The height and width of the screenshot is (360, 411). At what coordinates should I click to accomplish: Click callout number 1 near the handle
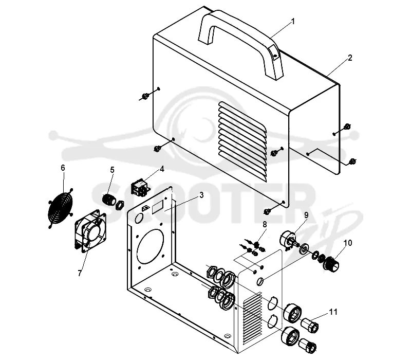pyautogui.click(x=293, y=21)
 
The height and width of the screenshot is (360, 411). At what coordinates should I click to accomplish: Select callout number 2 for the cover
pyautogui.click(x=350, y=58)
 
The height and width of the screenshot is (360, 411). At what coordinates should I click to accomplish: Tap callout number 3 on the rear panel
pyautogui.click(x=201, y=195)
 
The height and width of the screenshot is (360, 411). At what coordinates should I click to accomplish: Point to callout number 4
pyautogui.click(x=162, y=169)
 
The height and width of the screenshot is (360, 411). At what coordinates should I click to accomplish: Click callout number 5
pyautogui.click(x=112, y=170)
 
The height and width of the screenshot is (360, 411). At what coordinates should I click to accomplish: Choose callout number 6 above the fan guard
pyautogui.click(x=63, y=168)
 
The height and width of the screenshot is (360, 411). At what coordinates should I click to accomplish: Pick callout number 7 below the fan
pyautogui.click(x=80, y=273)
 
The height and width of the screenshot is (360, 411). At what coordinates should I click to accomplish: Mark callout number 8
pyautogui.click(x=265, y=224)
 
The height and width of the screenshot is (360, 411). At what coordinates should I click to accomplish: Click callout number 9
pyautogui.click(x=306, y=215)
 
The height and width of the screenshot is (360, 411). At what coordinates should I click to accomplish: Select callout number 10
pyautogui.click(x=348, y=243)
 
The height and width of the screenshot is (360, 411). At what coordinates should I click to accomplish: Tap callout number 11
pyautogui.click(x=333, y=312)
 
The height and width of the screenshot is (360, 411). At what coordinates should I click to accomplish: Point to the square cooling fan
pyautogui.click(x=91, y=231)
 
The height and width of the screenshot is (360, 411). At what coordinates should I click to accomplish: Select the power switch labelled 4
pyautogui.click(x=140, y=187)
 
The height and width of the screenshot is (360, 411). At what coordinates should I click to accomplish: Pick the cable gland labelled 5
pyautogui.click(x=109, y=200)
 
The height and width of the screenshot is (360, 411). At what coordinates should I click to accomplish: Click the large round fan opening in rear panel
pyautogui.click(x=151, y=246)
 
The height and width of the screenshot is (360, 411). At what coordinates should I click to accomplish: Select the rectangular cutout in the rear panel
pyautogui.click(x=158, y=206)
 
